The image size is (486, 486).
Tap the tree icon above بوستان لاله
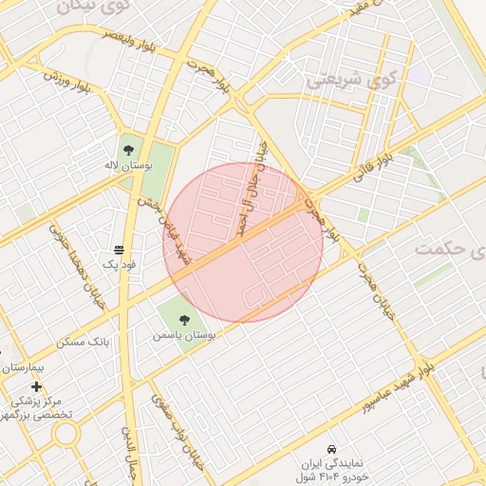tap(128, 149)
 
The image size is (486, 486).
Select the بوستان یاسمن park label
tap(184, 335)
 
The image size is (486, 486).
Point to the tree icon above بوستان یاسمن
tap(183, 319)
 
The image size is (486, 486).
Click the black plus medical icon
tap(36, 386)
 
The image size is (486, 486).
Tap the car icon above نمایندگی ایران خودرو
tap(330, 448)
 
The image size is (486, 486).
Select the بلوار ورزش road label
tap(66, 80)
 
